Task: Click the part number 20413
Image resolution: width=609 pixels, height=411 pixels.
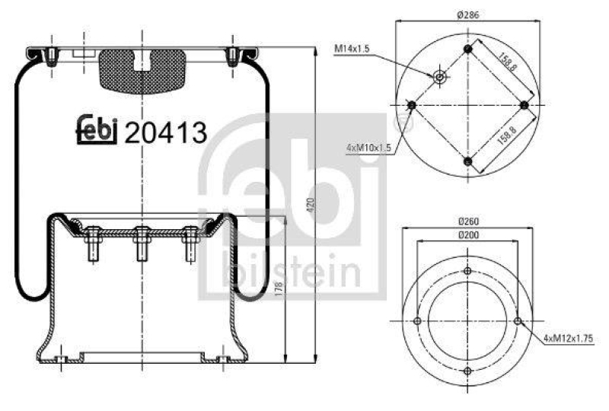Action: pyautogui.click(x=165, y=133)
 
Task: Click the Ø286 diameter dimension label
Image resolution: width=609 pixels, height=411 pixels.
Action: pyautogui.click(x=467, y=14)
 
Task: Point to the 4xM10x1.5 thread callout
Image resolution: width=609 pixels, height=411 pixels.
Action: pyautogui.click(x=368, y=148)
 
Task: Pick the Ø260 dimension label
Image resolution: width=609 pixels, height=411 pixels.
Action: pyautogui.click(x=467, y=221)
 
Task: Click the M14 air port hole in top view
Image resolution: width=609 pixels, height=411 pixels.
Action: pyautogui.click(x=439, y=76)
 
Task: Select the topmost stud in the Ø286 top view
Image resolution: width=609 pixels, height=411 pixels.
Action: pyautogui.click(x=468, y=49)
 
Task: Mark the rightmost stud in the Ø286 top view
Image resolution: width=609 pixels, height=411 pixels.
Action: pyautogui.click(x=525, y=104)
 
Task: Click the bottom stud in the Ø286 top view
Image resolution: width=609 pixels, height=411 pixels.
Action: pyautogui.click(x=468, y=161)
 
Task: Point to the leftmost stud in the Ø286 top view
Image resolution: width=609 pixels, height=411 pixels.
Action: pyautogui.click(x=412, y=104)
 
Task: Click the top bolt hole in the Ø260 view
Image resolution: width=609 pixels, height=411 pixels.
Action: pyautogui.click(x=467, y=270)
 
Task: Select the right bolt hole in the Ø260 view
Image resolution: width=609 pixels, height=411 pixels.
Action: pyautogui.click(x=518, y=320)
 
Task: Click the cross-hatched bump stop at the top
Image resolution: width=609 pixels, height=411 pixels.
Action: pyautogui.click(x=142, y=69)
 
